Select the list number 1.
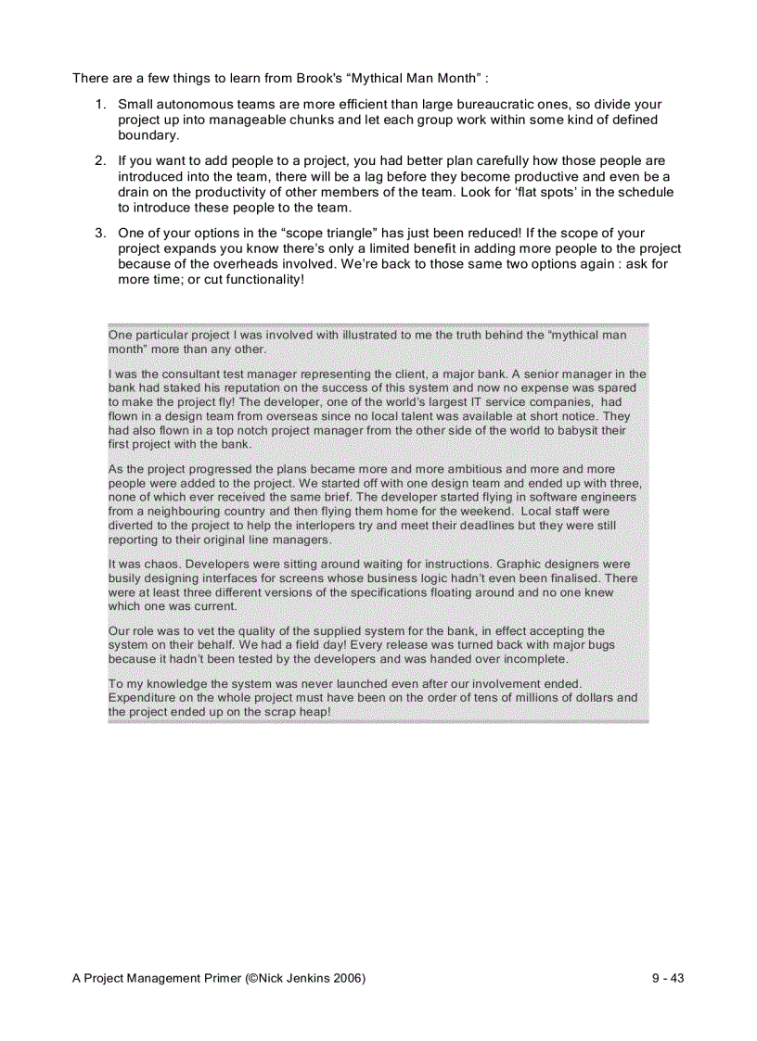tap(99, 105)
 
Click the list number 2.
tap(99, 161)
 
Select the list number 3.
tap(99, 234)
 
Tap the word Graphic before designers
tap(520, 564)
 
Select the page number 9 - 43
tap(667, 979)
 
